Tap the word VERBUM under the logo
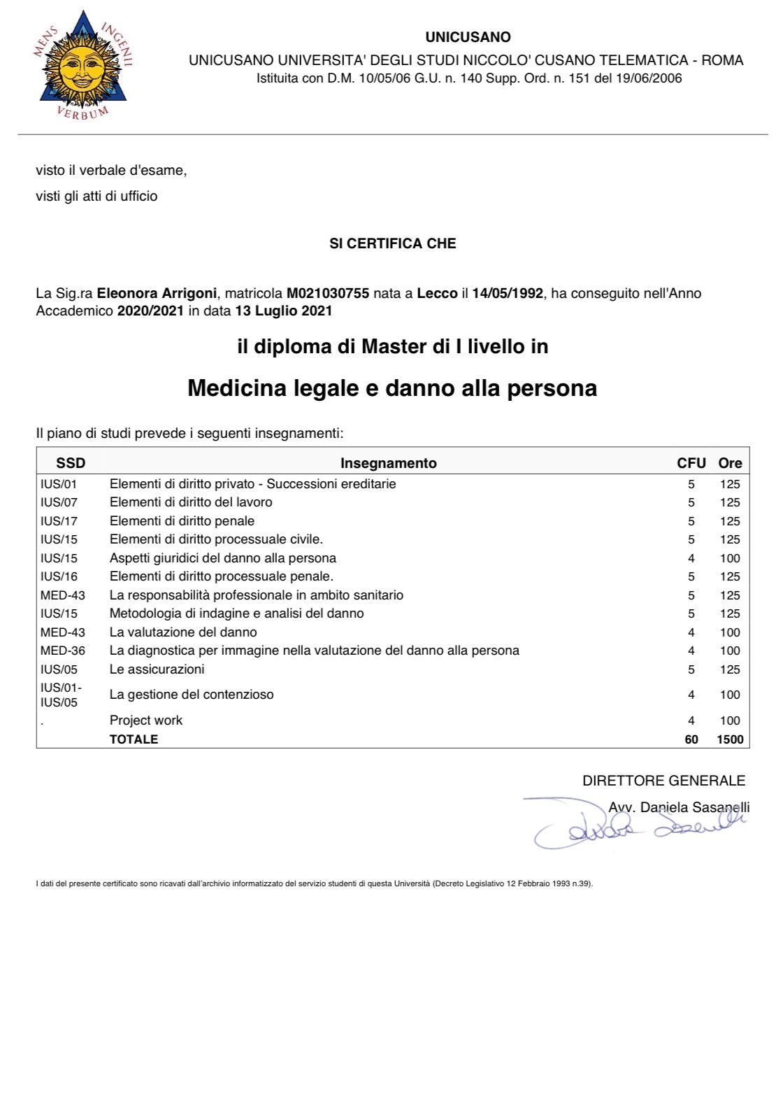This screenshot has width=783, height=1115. tap(82, 113)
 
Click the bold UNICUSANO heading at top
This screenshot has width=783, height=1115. tap(468, 37)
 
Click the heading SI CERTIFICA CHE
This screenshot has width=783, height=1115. tap(392, 243)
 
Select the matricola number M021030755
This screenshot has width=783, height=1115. tap(328, 294)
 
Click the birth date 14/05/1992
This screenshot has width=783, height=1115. tap(508, 294)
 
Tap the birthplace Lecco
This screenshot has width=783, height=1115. tap(437, 294)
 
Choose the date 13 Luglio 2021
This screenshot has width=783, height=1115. tap(283, 311)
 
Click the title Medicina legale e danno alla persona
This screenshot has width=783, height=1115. tap(392, 388)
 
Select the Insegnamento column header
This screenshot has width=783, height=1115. tap(388, 463)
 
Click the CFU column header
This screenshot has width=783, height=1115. tap(691, 463)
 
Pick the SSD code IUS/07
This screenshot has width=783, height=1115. tap(59, 502)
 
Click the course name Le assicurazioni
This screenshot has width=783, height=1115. tap(157, 669)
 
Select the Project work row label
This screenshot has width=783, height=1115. tap(145, 720)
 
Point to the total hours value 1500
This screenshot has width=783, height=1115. tap(730, 739)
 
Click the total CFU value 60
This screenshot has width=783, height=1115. tap(691, 739)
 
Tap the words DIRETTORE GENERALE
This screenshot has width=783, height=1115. tap(663, 781)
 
